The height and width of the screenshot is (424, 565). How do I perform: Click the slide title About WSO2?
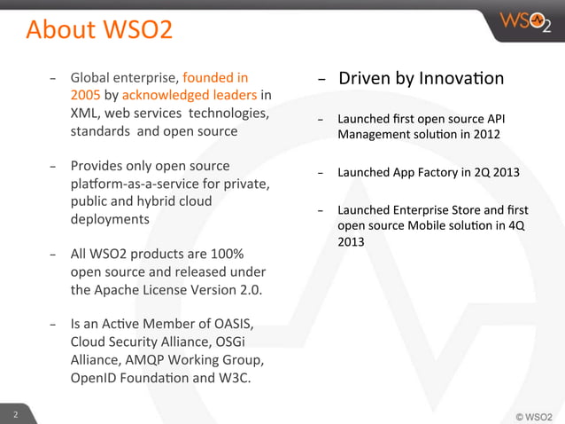(x=99, y=30)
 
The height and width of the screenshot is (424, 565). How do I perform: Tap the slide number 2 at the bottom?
(x=14, y=414)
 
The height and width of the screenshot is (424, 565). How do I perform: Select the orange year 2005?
(x=87, y=95)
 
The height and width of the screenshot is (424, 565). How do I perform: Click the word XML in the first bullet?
(x=86, y=114)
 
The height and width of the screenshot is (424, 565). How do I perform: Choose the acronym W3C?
(x=231, y=379)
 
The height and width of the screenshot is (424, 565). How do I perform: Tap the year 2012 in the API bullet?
(x=484, y=135)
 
